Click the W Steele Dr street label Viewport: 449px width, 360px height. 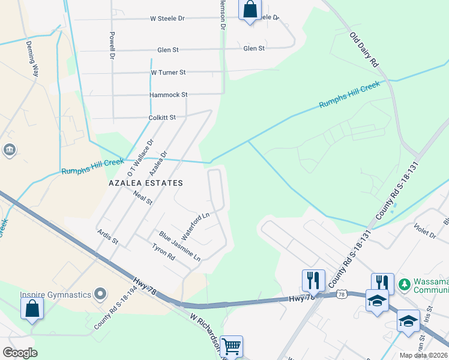tap(167, 19)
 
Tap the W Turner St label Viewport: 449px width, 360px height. tap(168, 73)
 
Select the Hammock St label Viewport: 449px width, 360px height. tap(169, 95)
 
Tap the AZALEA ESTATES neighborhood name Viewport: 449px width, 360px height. tap(146, 182)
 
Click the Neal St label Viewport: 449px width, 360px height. tap(143, 197)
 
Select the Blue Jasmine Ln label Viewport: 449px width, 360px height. tap(179, 246)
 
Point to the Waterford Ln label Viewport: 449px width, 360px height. tap(195, 226)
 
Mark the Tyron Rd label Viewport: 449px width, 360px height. tap(163, 252)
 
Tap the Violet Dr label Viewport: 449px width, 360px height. tap(424, 231)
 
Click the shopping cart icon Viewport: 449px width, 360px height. tap(231, 346)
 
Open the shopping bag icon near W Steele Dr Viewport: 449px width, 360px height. tap(250, 10)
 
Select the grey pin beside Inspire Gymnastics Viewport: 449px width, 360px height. tap(100, 294)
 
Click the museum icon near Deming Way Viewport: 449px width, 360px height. tap(10, 149)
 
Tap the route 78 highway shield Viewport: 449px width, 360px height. tap(341, 294)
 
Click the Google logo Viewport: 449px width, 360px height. tap(20, 352)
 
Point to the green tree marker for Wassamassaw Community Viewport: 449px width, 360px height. tap(405, 283)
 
